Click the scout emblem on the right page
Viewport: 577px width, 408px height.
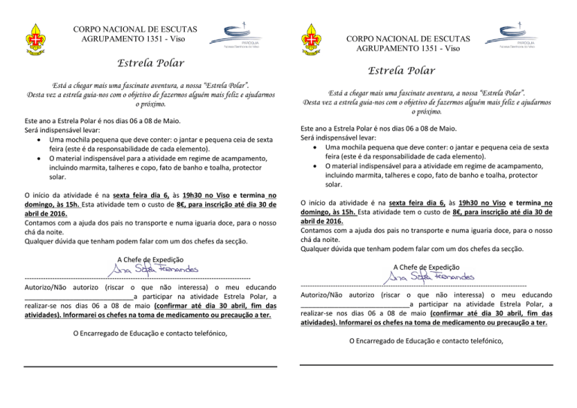pyautogui.click(x=313, y=44)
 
